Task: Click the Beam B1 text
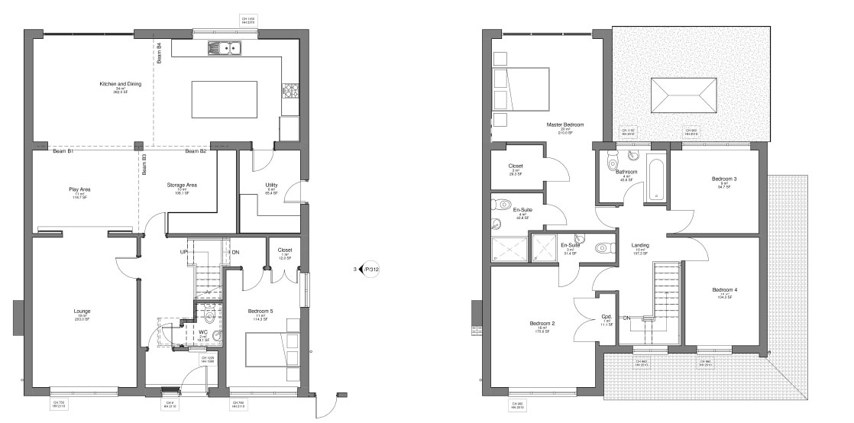(x=63, y=151)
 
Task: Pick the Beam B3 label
(x=144, y=161)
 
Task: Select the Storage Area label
(x=182, y=185)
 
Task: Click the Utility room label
(x=271, y=185)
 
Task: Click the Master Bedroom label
(x=564, y=124)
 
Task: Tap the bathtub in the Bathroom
(x=656, y=179)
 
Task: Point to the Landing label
(x=640, y=245)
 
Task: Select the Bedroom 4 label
(x=724, y=289)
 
